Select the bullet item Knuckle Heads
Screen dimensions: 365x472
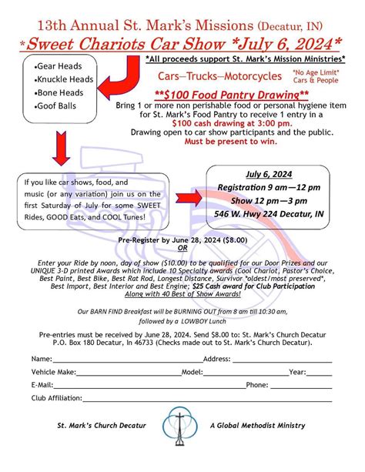point(62,79)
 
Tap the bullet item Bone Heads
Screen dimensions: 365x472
point(57,92)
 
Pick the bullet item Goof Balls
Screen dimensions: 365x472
point(55,105)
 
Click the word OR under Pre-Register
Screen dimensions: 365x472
point(182,248)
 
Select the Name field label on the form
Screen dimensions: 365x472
point(42,359)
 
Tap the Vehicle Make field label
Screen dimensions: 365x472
point(53,371)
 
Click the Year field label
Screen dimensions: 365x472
point(297,371)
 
